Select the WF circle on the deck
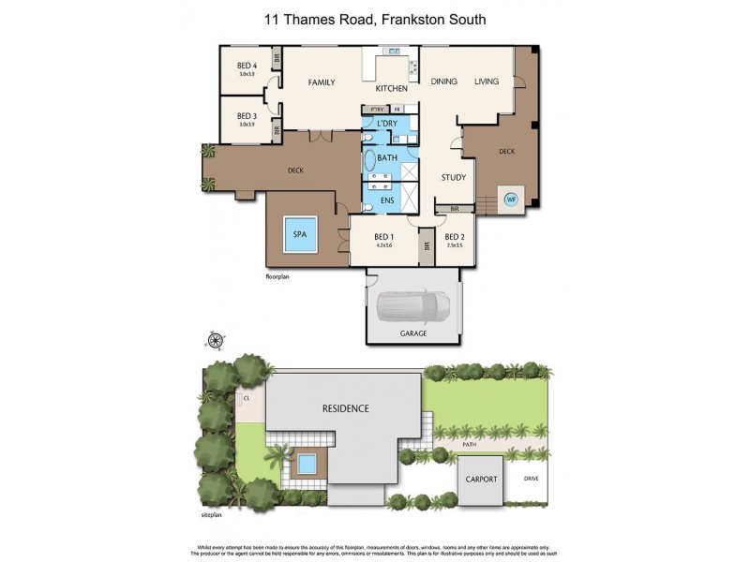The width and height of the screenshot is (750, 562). coord(512,199)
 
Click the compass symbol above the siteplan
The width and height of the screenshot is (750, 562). coord(215,339)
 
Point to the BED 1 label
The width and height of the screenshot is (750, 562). coord(383,236)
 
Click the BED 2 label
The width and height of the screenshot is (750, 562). coord(455,236)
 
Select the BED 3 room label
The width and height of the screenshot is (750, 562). coord(247,116)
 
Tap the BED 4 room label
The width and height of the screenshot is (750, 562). coord(247,65)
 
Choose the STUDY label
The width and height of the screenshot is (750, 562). coord(454,177)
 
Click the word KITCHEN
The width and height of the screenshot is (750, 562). coord(391,89)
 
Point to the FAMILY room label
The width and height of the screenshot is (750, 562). coord(322,82)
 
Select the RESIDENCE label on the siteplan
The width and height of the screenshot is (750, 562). coord(345,408)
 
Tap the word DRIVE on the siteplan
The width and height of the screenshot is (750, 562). coord(532,479)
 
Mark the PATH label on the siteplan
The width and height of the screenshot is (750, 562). coord(470,445)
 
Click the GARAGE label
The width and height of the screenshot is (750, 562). coord(413,333)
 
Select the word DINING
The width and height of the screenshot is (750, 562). coord(443,81)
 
